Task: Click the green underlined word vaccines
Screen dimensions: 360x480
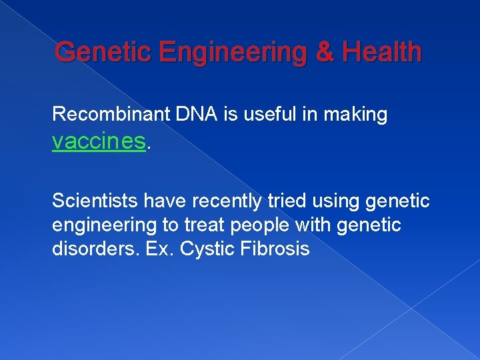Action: pos(99,141)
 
